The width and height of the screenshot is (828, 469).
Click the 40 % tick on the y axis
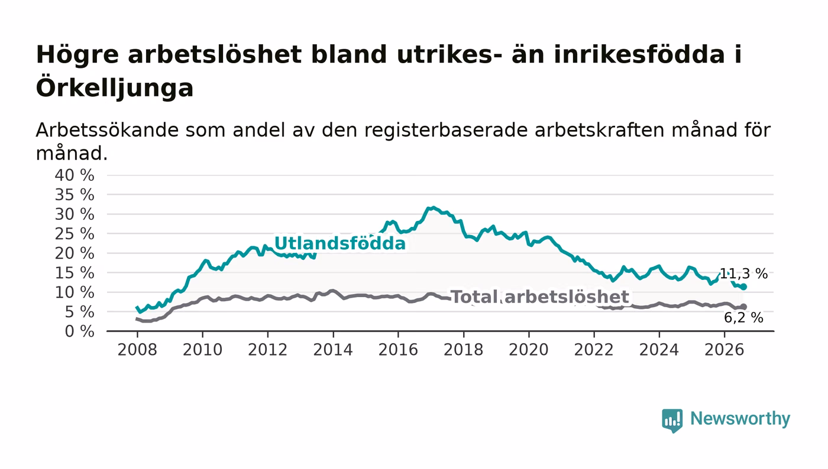pyautogui.click(x=75, y=175)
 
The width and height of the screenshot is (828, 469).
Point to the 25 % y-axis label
pyautogui.click(x=75, y=234)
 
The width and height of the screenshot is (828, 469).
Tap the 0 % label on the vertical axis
pyautogui.click(x=79, y=331)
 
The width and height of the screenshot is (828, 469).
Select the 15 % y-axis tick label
pyautogui.click(x=75, y=273)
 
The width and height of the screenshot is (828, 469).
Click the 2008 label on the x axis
pyautogui.click(x=137, y=350)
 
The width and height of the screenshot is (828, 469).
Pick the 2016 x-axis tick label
pyautogui.click(x=398, y=350)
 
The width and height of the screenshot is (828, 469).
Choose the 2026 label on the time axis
pyautogui.click(x=724, y=350)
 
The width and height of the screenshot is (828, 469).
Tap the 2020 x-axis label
pyautogui.click(x=529, y=350)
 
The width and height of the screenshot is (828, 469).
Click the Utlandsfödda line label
pyautogui.click(x=339, y=243)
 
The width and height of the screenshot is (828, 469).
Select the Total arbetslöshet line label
pyautogui.click(x=540, y=297)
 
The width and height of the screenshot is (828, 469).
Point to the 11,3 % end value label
pyautogui.click(x=743, y=273)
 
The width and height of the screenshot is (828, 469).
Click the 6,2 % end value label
pyautogui.click(x=743, y=317)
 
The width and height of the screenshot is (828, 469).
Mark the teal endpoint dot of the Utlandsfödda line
pyautogui.click(x=744, y=286)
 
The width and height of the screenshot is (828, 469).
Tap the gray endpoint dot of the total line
pyautogui.click(x=744, y=307)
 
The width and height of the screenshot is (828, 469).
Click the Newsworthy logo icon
pyautogui.click(x=672, y=420)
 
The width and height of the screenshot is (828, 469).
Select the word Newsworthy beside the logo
pyautogui.click(x=740, y=418)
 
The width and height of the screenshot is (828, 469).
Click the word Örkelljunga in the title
pyautogui.click(x=115, y=88)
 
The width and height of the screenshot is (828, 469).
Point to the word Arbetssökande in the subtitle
pyautogui.click(x=107, y=130)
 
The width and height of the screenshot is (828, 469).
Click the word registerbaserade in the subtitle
pyautogui.click(x=446, y=130)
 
